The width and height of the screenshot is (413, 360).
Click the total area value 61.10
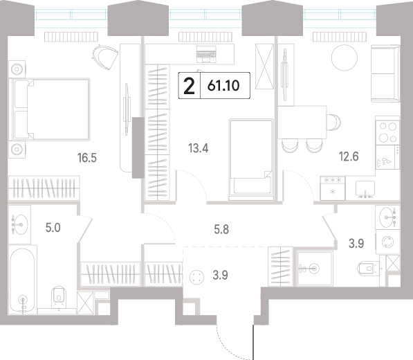coord(223,86)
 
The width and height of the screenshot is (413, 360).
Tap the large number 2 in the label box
coord(189,86)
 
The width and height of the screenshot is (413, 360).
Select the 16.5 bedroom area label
coord(87,158)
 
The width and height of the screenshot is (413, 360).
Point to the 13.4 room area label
coord(199,148)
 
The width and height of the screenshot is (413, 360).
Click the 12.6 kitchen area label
coord(349,156)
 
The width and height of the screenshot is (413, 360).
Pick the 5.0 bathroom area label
coord(53,228)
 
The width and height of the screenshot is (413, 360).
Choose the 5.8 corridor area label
coord(221,230)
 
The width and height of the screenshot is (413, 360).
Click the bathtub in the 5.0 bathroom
coord(22,280)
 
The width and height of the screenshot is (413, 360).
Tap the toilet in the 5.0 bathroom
coord(59,297)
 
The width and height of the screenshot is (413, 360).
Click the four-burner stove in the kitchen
coord(387,132)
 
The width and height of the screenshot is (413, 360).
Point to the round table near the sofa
coord(345,57)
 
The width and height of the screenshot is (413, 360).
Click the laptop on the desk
coord(206,54)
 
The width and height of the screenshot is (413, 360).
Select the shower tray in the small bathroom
coord(315,269)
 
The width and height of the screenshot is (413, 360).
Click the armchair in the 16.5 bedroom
coord(105,56)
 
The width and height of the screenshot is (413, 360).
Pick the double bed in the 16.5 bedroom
coord(49,109)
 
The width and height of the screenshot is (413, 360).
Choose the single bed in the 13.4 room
coord(251,159)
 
